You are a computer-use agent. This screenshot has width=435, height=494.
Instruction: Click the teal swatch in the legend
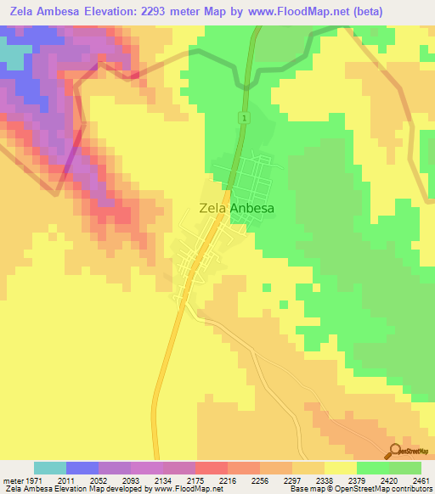pyautogui.click(x=49, y=468)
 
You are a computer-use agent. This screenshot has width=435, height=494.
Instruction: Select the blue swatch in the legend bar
pyautogui.click(x=82, y=468)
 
